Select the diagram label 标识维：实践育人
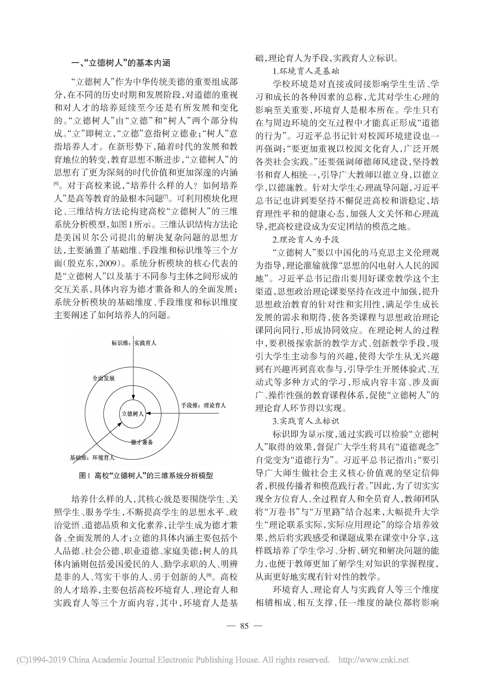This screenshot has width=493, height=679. [x=134, y=343]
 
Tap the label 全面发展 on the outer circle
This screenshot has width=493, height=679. [x=103, y=378]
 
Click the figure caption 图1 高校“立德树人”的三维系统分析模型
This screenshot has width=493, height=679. [x=146, y=476]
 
